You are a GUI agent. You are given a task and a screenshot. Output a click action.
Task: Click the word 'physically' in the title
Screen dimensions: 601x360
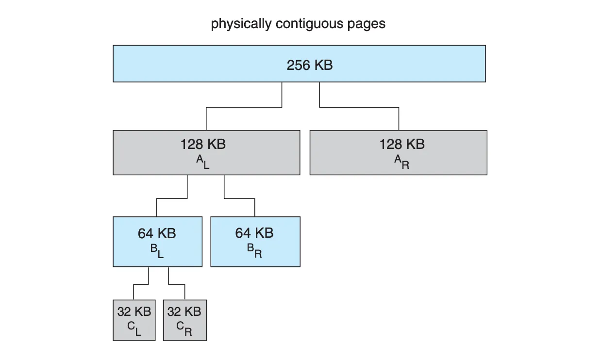pos(241,24)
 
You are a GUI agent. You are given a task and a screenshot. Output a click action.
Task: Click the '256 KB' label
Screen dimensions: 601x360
pos(310,65)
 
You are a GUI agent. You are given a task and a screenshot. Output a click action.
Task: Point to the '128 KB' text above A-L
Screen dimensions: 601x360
pos(203,144)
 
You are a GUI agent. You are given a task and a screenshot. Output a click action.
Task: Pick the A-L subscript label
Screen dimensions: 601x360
pos(202,162)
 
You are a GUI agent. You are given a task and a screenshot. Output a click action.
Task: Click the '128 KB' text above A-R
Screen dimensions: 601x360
pos(402,144)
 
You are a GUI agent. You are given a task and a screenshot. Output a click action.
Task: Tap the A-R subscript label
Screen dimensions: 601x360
pos(401,162)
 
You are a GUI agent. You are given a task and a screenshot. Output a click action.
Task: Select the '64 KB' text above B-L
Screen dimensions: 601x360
pos(157,233)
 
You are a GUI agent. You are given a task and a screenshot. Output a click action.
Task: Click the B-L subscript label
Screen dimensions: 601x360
pos(157,251)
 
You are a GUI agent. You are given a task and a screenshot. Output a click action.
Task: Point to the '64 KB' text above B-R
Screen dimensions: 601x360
pos(254,233)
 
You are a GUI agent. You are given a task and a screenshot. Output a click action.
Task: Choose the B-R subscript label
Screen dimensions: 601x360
pos(254,251)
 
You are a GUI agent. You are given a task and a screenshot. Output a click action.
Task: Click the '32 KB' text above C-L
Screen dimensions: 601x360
pos(134,311)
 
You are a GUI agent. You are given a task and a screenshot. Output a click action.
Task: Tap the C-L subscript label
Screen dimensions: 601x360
pos(134,328)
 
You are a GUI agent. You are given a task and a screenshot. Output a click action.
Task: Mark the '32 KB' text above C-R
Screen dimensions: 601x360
pos(184,311)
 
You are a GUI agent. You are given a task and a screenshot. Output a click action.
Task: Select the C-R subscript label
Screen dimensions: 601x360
pos(184,328)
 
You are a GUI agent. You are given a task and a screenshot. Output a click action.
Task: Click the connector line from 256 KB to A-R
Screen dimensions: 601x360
pos(359,107)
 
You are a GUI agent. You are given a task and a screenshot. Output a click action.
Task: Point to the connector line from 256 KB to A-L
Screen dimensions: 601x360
pos(244,107)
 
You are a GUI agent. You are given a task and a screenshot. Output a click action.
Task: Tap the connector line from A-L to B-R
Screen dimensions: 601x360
pos(239,198)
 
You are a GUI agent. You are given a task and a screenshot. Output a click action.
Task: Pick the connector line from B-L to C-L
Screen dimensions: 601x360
pos(141,284)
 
